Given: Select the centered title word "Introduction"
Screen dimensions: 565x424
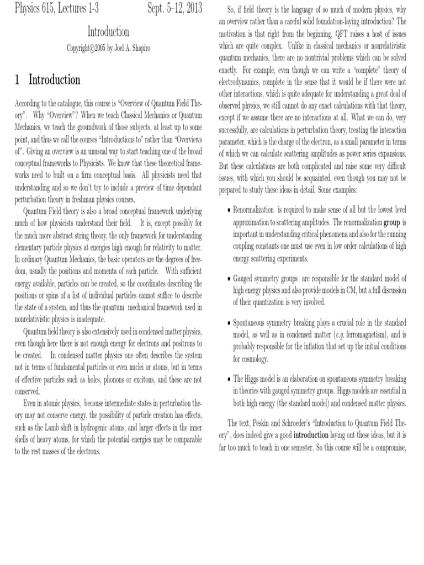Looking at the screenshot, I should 109,32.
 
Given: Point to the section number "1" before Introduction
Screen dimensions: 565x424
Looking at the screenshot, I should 18,79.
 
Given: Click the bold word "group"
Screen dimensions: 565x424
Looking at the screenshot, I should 391,222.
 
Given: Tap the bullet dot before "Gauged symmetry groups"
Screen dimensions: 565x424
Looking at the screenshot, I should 229,278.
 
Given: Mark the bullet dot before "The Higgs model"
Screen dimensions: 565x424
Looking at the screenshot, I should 229,380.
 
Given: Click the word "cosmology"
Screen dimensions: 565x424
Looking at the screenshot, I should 252,359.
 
